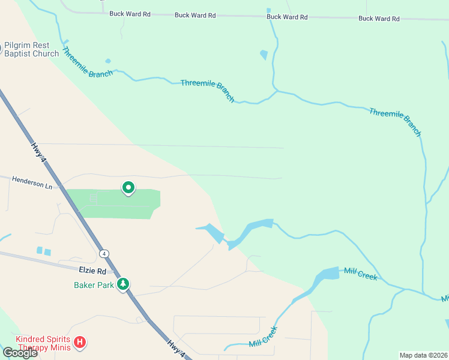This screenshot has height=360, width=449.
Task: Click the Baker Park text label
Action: click(94, 285)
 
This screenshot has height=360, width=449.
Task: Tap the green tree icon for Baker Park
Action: click(124, 283)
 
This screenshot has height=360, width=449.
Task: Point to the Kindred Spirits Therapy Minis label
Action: click(44, 343)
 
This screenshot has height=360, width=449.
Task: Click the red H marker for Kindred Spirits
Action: click(80, 343)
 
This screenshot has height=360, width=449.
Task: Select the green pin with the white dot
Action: click(128, 188)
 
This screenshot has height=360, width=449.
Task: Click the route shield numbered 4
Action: click(105, 253)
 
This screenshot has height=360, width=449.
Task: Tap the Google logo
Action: click(20, 353)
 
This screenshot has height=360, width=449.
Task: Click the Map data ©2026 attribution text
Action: click(423, 355)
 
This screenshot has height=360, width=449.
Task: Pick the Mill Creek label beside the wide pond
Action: click(360, 274)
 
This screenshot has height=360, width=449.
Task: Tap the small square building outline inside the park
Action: click(93, 197)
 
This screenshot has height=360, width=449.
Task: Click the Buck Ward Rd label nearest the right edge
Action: click(379, 19)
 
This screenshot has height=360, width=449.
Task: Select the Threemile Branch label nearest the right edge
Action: click(396, 122)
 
